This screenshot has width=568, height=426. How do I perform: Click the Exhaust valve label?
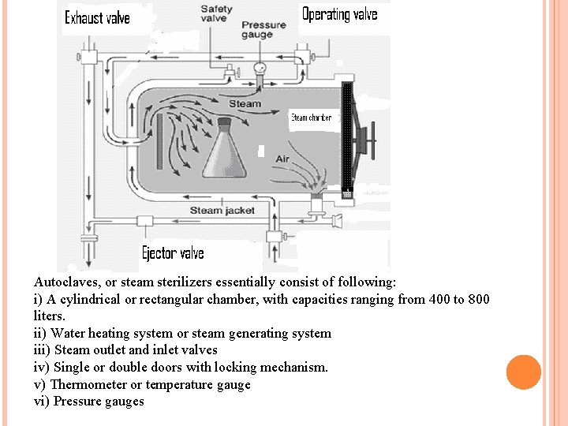click(97, 17)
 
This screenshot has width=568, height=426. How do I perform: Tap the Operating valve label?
click(340, 14)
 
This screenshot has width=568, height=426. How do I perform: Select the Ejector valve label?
click(173, 253)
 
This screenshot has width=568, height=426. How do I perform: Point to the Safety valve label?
click(216, 14)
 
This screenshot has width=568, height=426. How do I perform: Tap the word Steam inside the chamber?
click(245, 103)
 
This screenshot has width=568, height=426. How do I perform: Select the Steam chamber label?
click(311, 118)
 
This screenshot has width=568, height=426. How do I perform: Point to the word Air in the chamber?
click(282, 159)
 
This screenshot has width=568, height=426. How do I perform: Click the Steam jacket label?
click(223, 210)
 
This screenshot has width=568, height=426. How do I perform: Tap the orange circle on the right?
click(524, 372)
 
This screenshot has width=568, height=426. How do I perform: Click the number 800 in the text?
click(477, 299)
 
